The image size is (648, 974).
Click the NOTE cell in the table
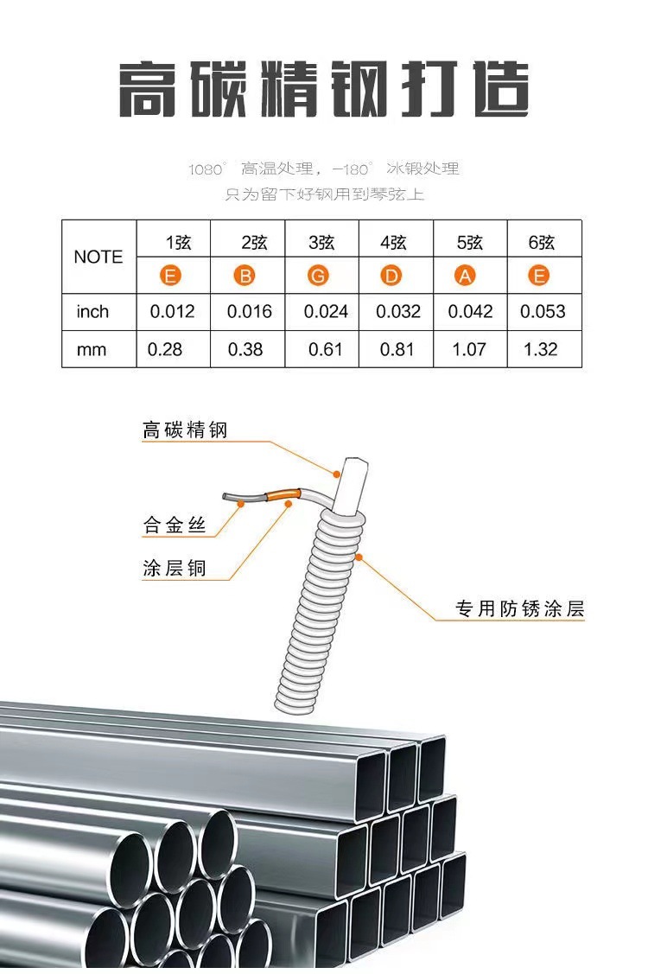[98, 257]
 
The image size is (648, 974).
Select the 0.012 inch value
[173, 311]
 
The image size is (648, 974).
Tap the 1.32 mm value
[540, 349]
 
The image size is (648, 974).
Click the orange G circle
[319, 277]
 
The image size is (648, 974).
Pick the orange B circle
[245, 277]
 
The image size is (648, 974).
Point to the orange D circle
[392, 277]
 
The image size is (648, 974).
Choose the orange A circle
[466, 277]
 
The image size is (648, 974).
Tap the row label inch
[92, 311]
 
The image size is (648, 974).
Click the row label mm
[92, 349]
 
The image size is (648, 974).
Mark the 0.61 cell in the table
[325, 349]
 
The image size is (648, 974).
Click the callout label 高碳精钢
[184, 429]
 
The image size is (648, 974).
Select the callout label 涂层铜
[175, 568]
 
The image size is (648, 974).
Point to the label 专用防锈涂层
[520, 609]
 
